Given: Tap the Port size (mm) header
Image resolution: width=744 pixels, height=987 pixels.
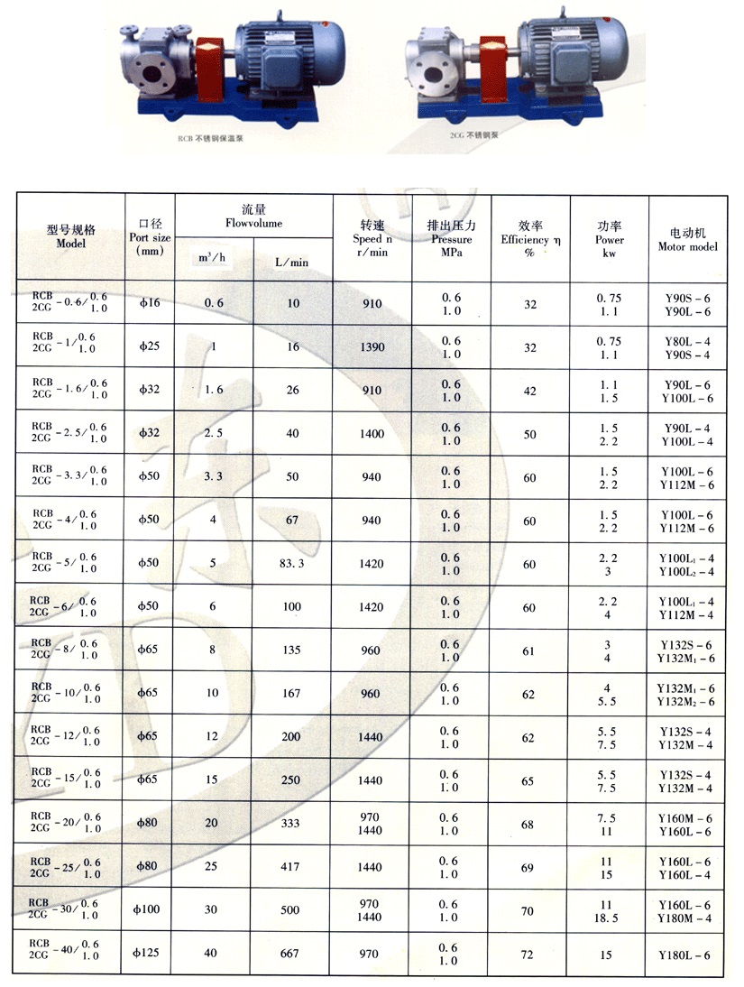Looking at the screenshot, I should click(x=149, y=237).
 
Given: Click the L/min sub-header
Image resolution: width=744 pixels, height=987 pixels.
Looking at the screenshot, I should click(x=292, y=262).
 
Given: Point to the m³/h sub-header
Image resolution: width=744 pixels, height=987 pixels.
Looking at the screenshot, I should click(x=212, y=260).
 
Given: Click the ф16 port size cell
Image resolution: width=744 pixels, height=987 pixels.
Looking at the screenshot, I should click(x=149, y=304).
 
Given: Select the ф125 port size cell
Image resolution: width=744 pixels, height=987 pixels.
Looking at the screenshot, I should click(x=147, y=954).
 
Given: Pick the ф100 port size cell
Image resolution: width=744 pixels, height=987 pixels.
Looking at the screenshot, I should click(x=147, y=910).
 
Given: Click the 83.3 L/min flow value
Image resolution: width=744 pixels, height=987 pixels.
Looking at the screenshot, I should click(x=292, y=564).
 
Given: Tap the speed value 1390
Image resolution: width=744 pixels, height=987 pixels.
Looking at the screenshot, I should click(x=373, y=347).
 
